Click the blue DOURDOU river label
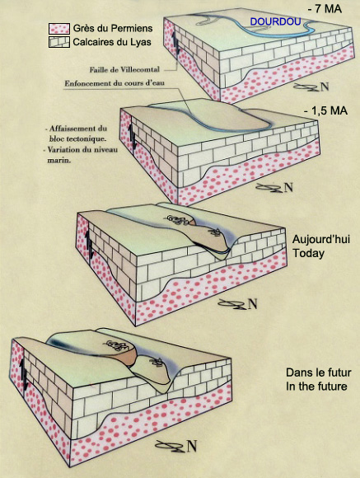[x=276, y=21]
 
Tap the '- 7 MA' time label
[x=325, y=8]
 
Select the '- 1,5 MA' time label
[x=325, y=110]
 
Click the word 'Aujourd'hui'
[x=321, y=239]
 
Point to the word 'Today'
[x=308, y=253]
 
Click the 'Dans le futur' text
[x=318, y=373]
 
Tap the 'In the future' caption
[x=316, y=387]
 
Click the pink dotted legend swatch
[x=59, y=29]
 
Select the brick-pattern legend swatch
[x=59, y=42]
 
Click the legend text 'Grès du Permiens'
[x=113, y=28]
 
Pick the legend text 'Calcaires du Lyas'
[x=112, y=42]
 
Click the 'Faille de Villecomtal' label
[x=124, y=70]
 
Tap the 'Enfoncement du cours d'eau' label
[x=115, y=83]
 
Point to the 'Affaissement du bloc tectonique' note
[x=77, y=134]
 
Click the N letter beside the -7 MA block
[x=325, y=87]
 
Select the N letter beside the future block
[x=191, y=446]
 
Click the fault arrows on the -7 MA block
[x=175, y=44]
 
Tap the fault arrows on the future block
[x=23, y=374]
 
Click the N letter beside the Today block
[x=252, y=304]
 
